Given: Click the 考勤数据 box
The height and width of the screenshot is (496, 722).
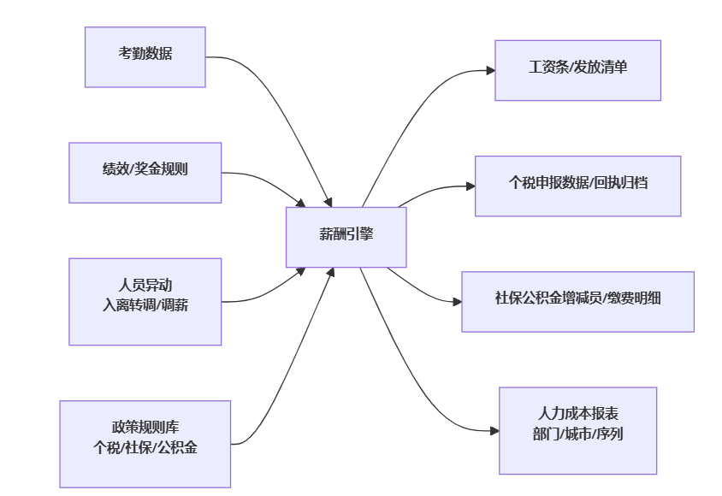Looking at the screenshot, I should pyautogui.click(x=145, y=57).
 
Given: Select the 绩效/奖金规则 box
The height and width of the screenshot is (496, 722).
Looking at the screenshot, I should pyautogui.click(x=145, y=173).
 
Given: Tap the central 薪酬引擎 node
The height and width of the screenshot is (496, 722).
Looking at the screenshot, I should pyautogui.click(x=346, y=237).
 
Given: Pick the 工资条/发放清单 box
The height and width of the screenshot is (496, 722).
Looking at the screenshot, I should pyautogui.click(x=577, y=70).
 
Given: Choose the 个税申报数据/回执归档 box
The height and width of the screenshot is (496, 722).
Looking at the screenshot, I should pyautogui.click(x=577, y=186).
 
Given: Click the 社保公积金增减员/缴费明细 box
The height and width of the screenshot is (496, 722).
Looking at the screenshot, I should pyautogui.click(x=577, y=301).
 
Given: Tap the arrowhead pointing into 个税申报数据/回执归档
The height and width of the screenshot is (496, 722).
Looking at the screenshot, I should pyautogui.click(x=470, y=186).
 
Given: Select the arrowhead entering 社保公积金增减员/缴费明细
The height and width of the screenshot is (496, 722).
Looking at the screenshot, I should pyautogui.click(x=457, y=301).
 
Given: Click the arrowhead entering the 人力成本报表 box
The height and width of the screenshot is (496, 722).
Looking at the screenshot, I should pyautogui.click(x=494, y=431).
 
